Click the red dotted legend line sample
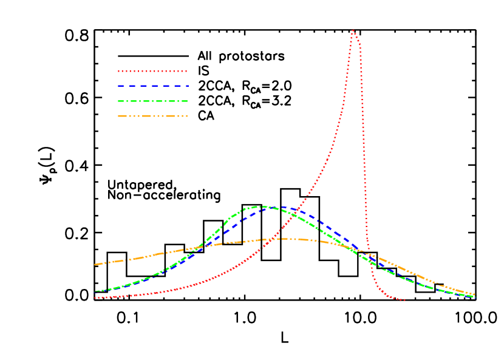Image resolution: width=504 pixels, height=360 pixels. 152,71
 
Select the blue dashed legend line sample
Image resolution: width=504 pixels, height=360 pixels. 153,86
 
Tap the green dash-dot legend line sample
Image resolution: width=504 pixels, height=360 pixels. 152,101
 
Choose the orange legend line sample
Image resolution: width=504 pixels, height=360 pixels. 152,115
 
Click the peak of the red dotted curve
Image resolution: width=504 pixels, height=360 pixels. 353,30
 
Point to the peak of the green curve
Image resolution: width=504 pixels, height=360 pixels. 261,206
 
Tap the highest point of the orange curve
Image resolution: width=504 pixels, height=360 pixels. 284,239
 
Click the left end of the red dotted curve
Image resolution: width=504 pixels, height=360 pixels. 95,297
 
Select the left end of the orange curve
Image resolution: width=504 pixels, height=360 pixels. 95,264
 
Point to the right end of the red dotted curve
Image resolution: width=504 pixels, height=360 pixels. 404,300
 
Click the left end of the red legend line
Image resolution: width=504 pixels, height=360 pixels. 118,71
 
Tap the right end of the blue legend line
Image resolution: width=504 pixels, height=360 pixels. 188,86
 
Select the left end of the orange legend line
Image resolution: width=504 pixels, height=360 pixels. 118,115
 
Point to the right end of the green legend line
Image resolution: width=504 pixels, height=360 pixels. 187,101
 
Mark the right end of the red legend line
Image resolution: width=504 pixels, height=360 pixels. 186,71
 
